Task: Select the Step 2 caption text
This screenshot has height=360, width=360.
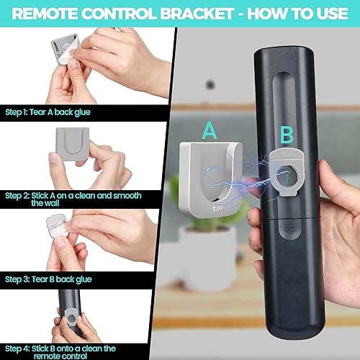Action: pyautogui.click(x=72, y=199)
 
